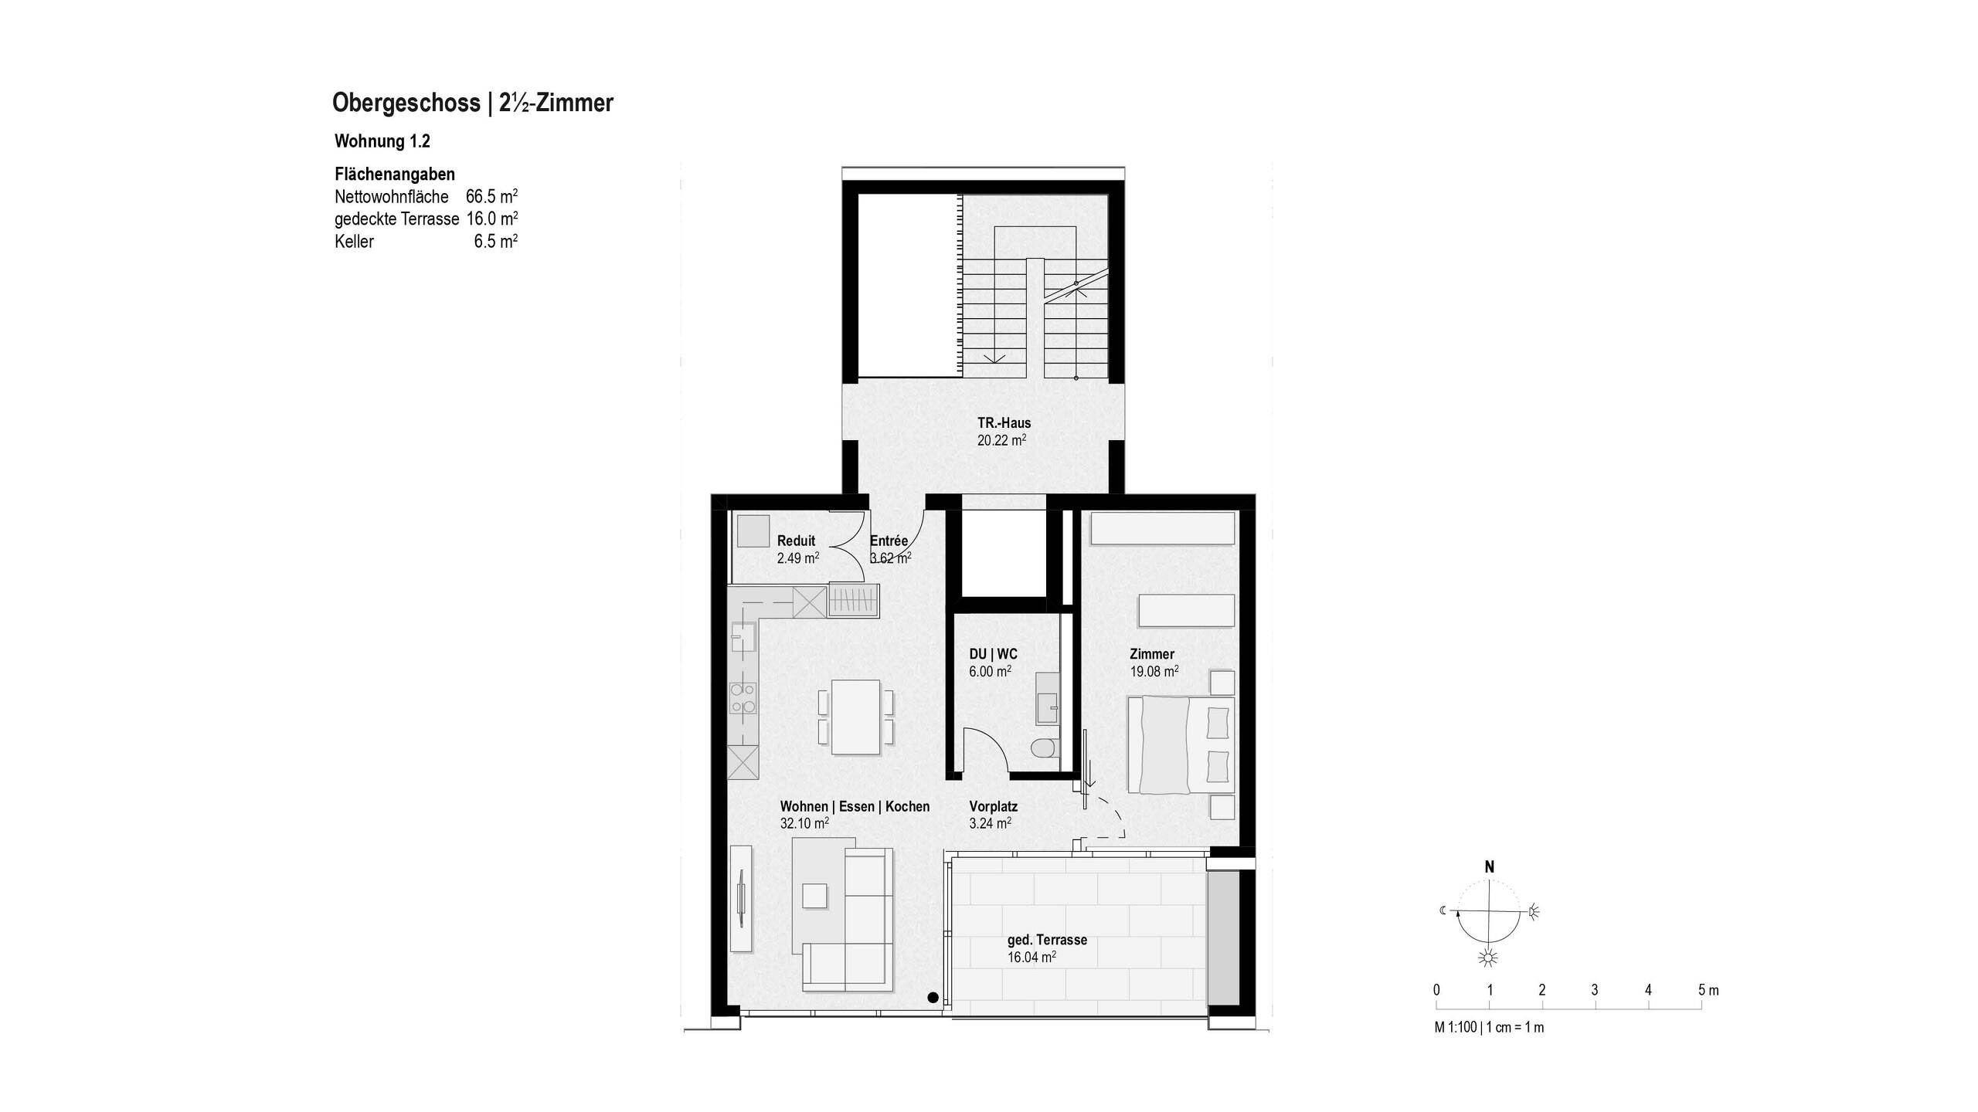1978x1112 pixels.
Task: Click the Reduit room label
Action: pos(796,541)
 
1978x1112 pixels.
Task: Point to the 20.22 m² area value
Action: pos(1001,441)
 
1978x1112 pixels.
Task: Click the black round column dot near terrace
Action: pos(933,998)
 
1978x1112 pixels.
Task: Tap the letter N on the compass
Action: pos(1489,867)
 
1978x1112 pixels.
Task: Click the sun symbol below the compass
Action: pos(1488,958)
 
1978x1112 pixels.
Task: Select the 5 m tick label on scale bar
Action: pos(1708,990)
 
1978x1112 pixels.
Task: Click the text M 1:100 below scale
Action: pos(1456,1028)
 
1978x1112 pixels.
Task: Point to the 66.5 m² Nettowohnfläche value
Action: pos(491,196)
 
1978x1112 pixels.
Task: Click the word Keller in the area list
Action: pos(354,242)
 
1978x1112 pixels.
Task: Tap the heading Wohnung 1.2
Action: pos(382,141)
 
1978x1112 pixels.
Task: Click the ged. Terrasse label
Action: pos(1047,940)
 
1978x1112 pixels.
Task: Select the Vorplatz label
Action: pos(993,806)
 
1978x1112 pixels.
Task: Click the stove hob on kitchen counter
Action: pos(202,698)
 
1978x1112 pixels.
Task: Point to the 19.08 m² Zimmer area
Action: pos(1154,672)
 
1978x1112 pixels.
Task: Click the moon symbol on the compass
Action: pos(1443,910)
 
